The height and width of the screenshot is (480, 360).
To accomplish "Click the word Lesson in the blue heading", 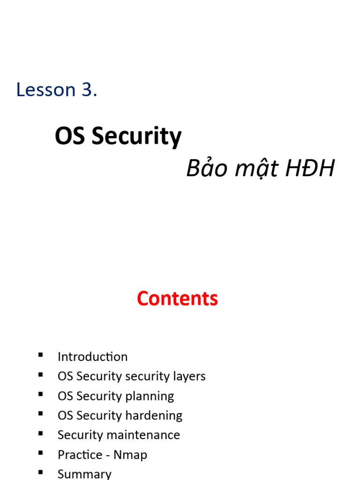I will (x=46, y=90).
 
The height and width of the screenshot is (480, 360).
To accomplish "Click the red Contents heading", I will (x=177, y=299).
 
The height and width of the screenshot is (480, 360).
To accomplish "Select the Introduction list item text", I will (x=92, y=357).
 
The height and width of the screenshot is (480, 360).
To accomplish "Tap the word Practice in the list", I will (x=80, y=455).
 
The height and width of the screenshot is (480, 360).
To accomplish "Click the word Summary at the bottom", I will (x=84, y=474).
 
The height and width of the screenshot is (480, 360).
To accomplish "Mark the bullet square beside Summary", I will (x=41, y=472).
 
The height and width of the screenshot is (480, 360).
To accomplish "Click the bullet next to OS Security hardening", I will (x=41, y=414).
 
